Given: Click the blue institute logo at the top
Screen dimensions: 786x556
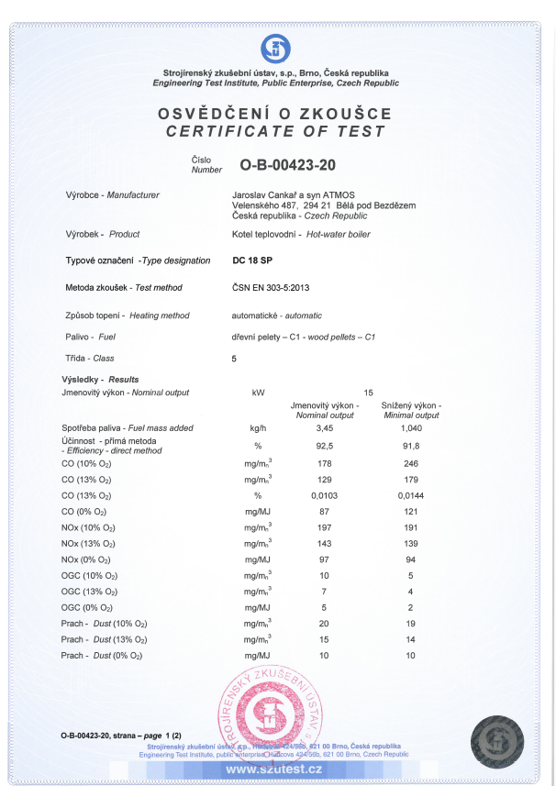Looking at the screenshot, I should pyautogui.click(x=276, y=48).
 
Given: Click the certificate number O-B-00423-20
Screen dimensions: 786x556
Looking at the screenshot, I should pyautogui.click(x=288, y=166).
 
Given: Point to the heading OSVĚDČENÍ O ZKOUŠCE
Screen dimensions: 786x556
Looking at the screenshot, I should pyautogui.click(x=275, y=114).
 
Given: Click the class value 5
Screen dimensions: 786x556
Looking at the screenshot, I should pyautogui.click(x=235, y=359).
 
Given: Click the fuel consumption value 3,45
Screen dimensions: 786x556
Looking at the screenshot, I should pyautogui.click(x=324, y=428).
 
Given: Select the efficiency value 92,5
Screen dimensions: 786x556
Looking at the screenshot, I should pyautogui.click(x=324, y=445).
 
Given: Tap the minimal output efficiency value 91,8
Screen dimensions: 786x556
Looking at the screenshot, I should pyautogui.click(x=410, y=445).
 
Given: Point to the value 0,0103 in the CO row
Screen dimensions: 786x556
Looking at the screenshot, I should pyautogui.click(x=324, y=495).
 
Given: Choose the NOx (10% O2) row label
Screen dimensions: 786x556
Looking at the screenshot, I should pyautogui.click(x=86, y=528).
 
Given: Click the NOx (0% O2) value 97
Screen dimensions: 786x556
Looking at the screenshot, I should pyautogui.click(x=324, y=559).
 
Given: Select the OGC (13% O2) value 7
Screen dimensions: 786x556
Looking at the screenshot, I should pyautogui.click(x=324, y=592).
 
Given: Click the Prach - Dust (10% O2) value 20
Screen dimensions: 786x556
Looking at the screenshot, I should pyautogui.click(x=324, y=624).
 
